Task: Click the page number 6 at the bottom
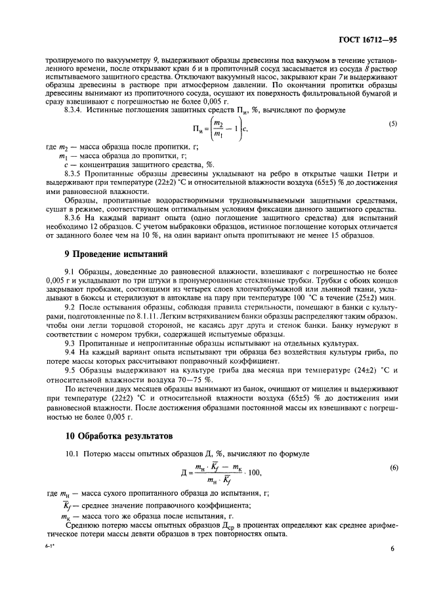coord(391,549)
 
